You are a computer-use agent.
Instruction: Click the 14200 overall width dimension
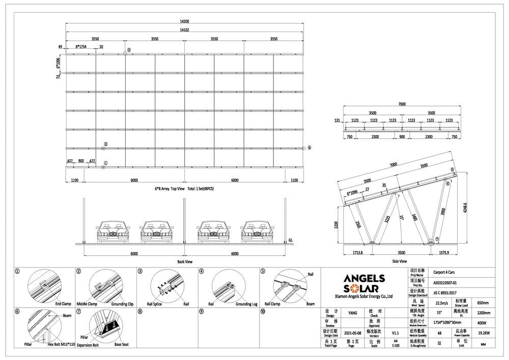(x=184, y=21)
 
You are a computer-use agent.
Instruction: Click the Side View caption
(x=400, y=261)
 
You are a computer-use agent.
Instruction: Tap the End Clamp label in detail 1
(x=63, y=304)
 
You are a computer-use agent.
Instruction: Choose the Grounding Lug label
(x=246, y=304)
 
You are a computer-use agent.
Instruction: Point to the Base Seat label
(x=121, y=345)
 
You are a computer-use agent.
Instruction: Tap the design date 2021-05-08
(x=351, y=331)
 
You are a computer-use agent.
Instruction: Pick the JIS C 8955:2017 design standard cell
(x=441, y=293)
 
